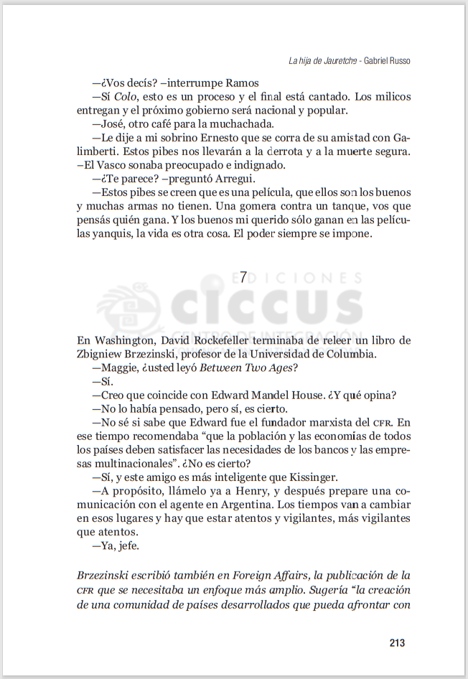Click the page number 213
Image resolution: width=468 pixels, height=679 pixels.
pos(397,642)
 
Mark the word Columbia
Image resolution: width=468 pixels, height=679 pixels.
pos(348,353)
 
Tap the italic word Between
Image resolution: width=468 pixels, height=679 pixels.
pos(220,367)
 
